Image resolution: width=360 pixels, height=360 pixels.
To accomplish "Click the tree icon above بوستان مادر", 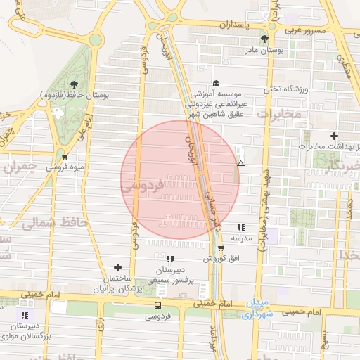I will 264,39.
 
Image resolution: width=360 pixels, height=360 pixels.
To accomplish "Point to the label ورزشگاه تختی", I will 286,89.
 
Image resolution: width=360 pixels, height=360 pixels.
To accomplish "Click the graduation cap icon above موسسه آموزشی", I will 215,83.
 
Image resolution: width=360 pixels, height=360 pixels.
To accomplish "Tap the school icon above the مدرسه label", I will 242,227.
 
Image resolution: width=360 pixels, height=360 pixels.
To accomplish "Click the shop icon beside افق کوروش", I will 221,247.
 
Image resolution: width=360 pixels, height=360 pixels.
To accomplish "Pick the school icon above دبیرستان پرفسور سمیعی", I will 169,259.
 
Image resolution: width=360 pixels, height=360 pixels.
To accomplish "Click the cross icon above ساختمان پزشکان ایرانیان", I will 117,267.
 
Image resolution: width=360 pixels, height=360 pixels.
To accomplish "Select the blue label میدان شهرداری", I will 256,309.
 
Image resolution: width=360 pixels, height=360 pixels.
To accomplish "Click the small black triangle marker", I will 241,163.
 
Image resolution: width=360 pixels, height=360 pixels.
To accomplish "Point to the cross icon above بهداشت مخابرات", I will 333,136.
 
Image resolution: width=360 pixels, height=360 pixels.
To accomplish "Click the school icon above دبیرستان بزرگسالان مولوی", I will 26,315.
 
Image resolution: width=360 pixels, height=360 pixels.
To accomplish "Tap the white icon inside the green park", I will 57,111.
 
